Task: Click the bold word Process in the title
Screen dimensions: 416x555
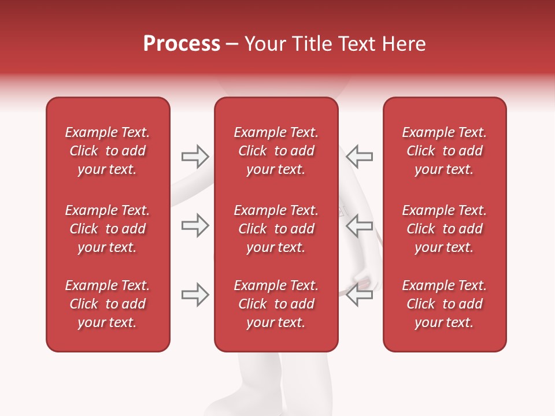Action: [x=182, y=44]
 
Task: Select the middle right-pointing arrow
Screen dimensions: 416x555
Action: [x=195, y=225]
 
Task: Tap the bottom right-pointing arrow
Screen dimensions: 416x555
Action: [x=195, y=295]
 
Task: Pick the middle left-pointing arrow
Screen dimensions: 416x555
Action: [x=360, y=225]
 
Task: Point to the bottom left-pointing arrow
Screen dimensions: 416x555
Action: [x=360, y=295]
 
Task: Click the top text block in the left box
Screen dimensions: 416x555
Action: [x=108, y=151]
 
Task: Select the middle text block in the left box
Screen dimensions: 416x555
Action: [x=108, y=229]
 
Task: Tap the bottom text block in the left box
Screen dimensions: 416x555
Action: [x=108, y=304]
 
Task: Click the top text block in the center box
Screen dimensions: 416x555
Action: [x=276, y=151]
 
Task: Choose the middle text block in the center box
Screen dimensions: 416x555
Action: [x=276, y=229]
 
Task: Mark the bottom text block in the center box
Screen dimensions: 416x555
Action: [x=276, y=304]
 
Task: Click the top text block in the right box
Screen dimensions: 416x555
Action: [x=444, y=151]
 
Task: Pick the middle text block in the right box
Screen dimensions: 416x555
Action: [x=444, y=229]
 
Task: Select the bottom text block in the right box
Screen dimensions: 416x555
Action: [x=444, y=304]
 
